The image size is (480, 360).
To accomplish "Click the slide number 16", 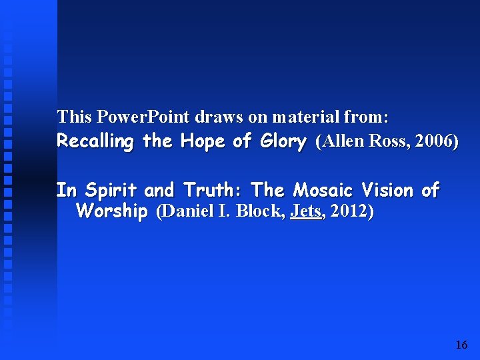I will pyautogui.click(x=461, y=345).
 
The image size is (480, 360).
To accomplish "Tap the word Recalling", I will pyautogui.click(x=96, y=141).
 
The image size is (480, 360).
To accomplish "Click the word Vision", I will pyautogui.click(x=388, y=191).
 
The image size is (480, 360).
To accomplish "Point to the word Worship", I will pyautogui.click(x=112, y=212).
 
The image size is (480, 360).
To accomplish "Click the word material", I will pyautogui.click(x=304, y=117).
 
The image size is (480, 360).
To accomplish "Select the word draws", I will pyautogui.click(x=219, y=117).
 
